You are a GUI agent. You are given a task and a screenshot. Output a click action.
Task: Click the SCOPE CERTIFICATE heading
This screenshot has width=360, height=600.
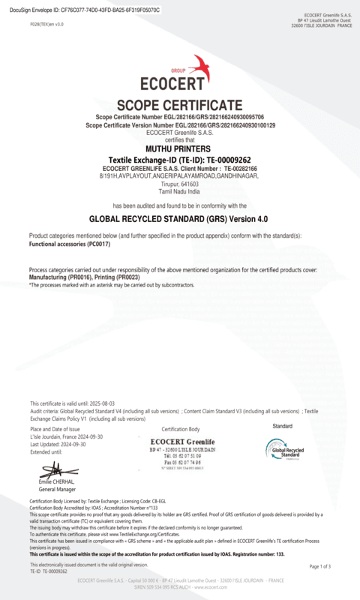coord(179,104)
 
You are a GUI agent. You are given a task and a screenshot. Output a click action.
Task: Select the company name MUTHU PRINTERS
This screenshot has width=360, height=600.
coord(179,148)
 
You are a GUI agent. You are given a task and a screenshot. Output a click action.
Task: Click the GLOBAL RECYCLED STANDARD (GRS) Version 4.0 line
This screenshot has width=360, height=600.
coord(179,219)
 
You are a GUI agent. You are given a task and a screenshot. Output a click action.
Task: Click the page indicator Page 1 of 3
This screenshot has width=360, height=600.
coord(319,566)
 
